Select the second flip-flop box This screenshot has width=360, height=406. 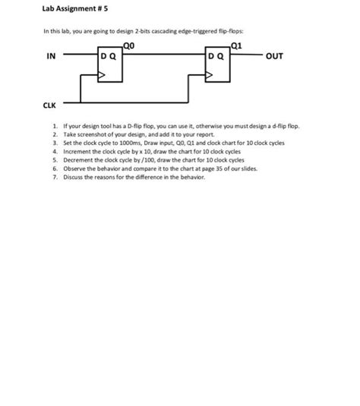coord(219,66)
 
